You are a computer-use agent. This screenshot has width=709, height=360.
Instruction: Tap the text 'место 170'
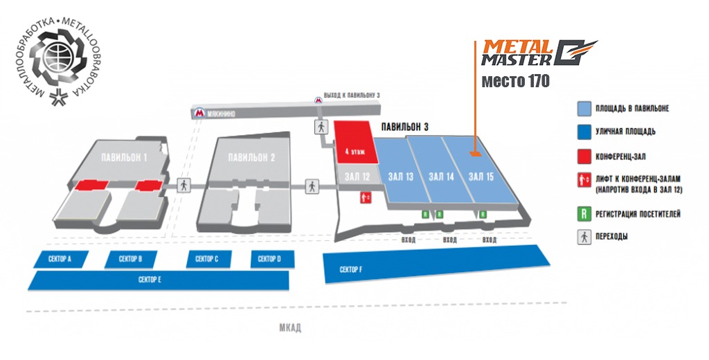click(515, 82)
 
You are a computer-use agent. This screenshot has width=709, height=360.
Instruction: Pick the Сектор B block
click(131, 259)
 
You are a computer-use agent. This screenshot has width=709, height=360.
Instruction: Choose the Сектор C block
click(207, 259)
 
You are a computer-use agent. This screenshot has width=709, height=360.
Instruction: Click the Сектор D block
click(269, 259)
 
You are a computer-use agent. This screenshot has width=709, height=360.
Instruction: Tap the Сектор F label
click(352, 269)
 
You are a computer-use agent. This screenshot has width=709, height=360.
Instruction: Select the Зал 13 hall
click(401, 177)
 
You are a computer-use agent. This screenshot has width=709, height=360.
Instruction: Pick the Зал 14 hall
click(441, 177)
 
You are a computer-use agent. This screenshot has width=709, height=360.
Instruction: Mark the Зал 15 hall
click(481, 177)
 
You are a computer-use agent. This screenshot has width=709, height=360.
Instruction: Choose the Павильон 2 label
click(252, 157)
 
